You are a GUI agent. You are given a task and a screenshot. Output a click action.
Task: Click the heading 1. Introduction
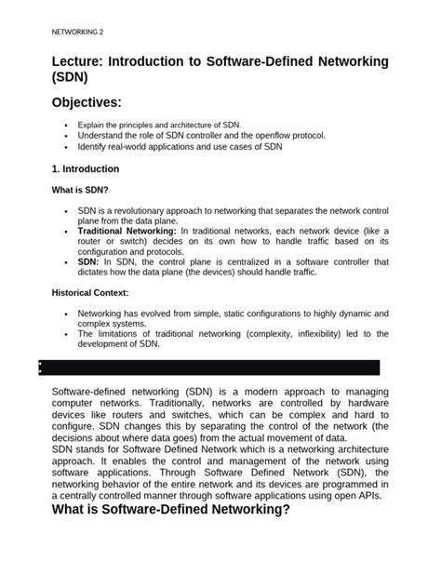(x=86, y=169)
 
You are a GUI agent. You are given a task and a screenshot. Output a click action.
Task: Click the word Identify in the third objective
(x=94, y=146)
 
